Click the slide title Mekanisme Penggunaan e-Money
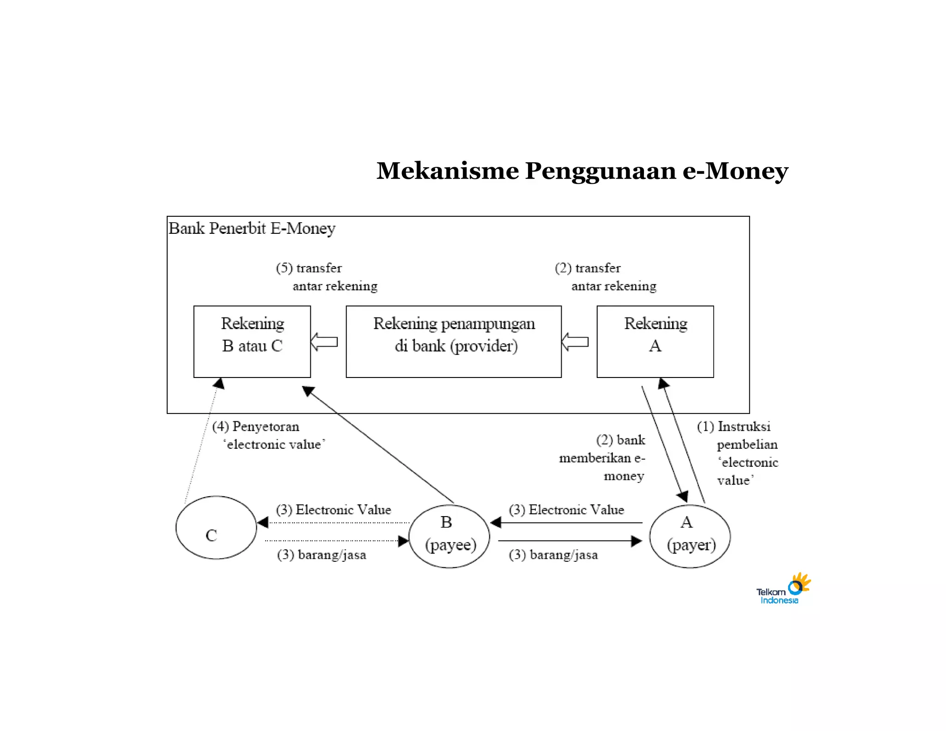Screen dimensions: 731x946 pos(582,171)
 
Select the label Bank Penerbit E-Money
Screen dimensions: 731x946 pos(252,228)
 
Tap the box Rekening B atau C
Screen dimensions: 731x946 pos(252,341)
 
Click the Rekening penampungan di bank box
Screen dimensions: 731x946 pos(454,341)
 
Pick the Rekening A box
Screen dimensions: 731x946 pos(655,341)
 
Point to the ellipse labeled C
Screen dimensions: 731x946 pos(216,528)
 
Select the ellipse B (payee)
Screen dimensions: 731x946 pos(449,536)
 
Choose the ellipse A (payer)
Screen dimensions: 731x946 pos(690,536)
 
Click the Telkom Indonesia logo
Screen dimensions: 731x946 pos(783,589)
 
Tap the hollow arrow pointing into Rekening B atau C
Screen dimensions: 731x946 pos(324,342)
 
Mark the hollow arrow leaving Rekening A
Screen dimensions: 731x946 pos(575,342)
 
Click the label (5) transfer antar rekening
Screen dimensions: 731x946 pos(327,277)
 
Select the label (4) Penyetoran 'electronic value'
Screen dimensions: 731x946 pos(268,435)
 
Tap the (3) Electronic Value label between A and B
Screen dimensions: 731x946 pos(566,510)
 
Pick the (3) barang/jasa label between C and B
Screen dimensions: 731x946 pos(321,554)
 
